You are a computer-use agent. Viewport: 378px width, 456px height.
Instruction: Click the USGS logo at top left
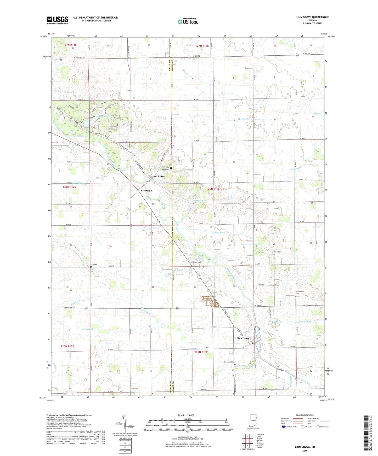point(57,20)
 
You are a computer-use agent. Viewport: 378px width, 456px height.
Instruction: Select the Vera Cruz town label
point(159,176)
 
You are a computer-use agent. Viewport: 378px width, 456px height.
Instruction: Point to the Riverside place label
point(146,191)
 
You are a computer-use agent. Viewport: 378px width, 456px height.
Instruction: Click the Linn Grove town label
point(243,338)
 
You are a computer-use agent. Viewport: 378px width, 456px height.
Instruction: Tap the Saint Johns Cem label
point(166,168)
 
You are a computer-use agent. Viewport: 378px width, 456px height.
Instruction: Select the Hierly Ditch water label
point(244,119)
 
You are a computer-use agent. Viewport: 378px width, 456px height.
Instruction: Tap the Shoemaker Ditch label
point(303,321)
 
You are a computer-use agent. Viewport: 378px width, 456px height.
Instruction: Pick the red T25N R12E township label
point(67,346)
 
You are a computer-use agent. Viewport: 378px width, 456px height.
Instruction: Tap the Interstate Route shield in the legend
point(284,427)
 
